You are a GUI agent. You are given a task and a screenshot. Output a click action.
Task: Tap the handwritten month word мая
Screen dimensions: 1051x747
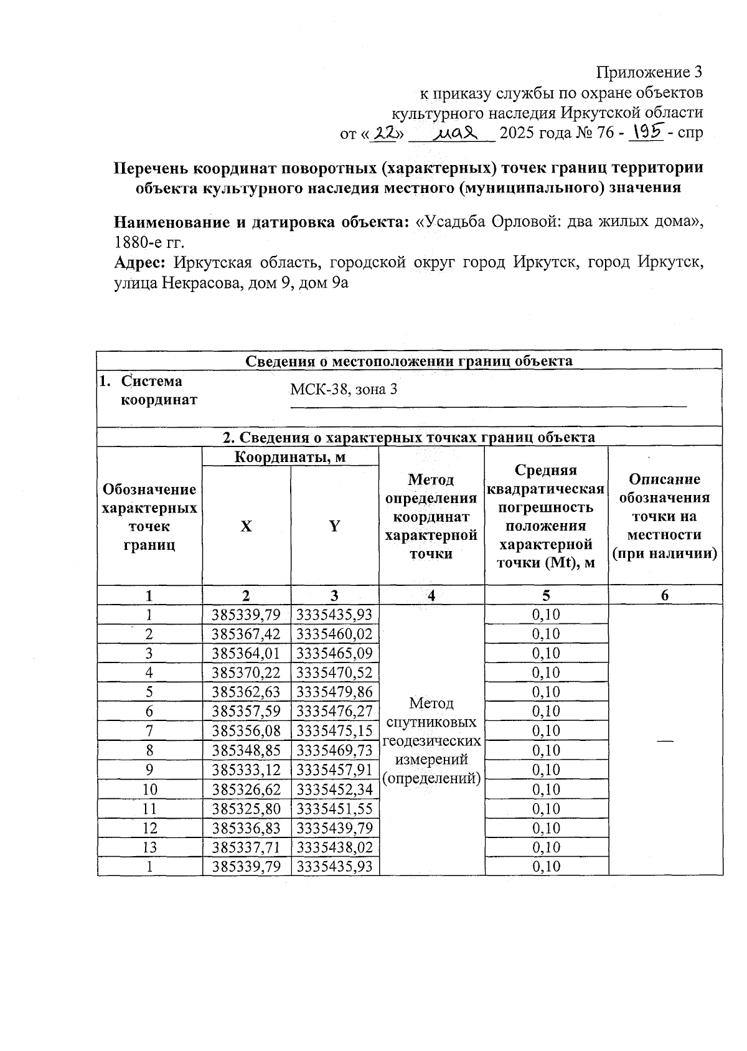[x=456, y=133]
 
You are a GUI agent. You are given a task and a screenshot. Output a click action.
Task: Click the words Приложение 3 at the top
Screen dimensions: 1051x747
[x=649, y=72]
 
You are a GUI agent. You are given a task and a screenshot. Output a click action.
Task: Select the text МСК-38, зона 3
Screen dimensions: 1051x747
[x=344, y=390]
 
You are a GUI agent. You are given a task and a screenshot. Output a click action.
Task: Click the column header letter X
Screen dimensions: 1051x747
[x=247, y=526]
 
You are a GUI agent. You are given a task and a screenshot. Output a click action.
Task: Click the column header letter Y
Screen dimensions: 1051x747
[x=334, y=526]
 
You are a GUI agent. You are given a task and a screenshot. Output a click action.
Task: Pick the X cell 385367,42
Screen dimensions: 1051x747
[x=246, y=634]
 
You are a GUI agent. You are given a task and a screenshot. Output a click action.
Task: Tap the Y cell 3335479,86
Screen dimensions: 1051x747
[x=334, y=692]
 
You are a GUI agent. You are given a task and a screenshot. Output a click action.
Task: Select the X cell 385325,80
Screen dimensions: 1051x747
[x=246, y=808]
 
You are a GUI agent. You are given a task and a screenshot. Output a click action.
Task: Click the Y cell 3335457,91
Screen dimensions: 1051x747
[x=334, y=770]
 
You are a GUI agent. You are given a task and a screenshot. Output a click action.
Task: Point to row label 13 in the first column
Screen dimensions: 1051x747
[x=149, y=847]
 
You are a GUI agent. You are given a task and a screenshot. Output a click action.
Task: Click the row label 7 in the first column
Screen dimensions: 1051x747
[x=149, y=730]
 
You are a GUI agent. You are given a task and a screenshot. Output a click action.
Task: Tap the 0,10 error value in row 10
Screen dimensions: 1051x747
[x=546, y=789]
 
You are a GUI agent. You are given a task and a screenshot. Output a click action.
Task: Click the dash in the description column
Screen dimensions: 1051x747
[x=665, y=740]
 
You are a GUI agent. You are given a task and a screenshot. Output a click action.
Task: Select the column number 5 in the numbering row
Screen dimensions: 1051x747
[x=546, y=595]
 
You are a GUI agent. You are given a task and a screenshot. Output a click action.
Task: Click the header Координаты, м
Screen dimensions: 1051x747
[x=289, y=457]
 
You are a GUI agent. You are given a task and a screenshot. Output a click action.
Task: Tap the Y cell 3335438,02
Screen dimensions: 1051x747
[x=334, y=847]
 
